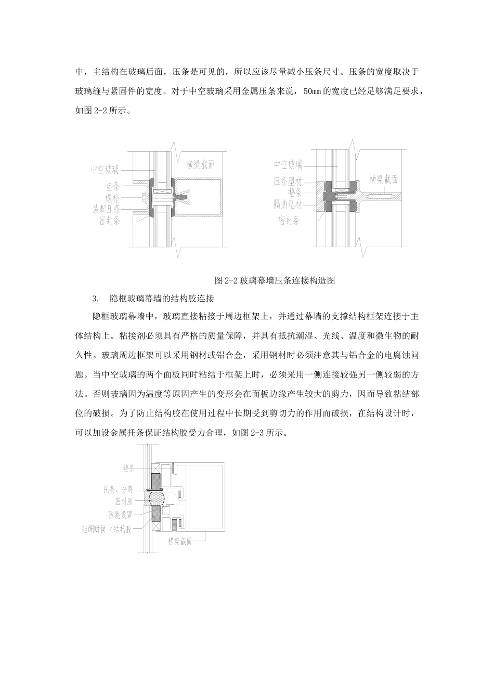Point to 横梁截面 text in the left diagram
coord(200,165)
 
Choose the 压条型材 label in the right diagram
coord(288,182)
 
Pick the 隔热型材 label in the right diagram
coord(288,205)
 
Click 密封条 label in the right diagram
coord(289,221)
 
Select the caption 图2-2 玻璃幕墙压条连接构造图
coord(274,280)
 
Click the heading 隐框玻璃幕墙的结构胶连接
coord(162,299)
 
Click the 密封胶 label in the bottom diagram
coord(124,502)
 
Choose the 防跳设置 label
coord(120,515)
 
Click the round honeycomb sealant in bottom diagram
coord(157,499)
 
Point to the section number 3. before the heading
coord(94,299)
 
